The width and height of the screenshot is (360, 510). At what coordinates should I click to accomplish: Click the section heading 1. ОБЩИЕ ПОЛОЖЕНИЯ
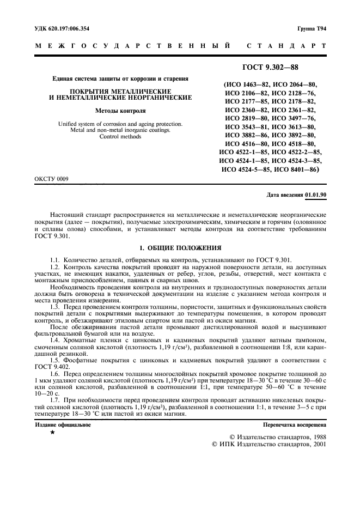click(180, 247)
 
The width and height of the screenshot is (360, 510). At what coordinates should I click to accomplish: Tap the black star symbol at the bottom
click(52, 432)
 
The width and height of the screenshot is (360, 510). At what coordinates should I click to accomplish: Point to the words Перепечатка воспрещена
click(295, 423)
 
